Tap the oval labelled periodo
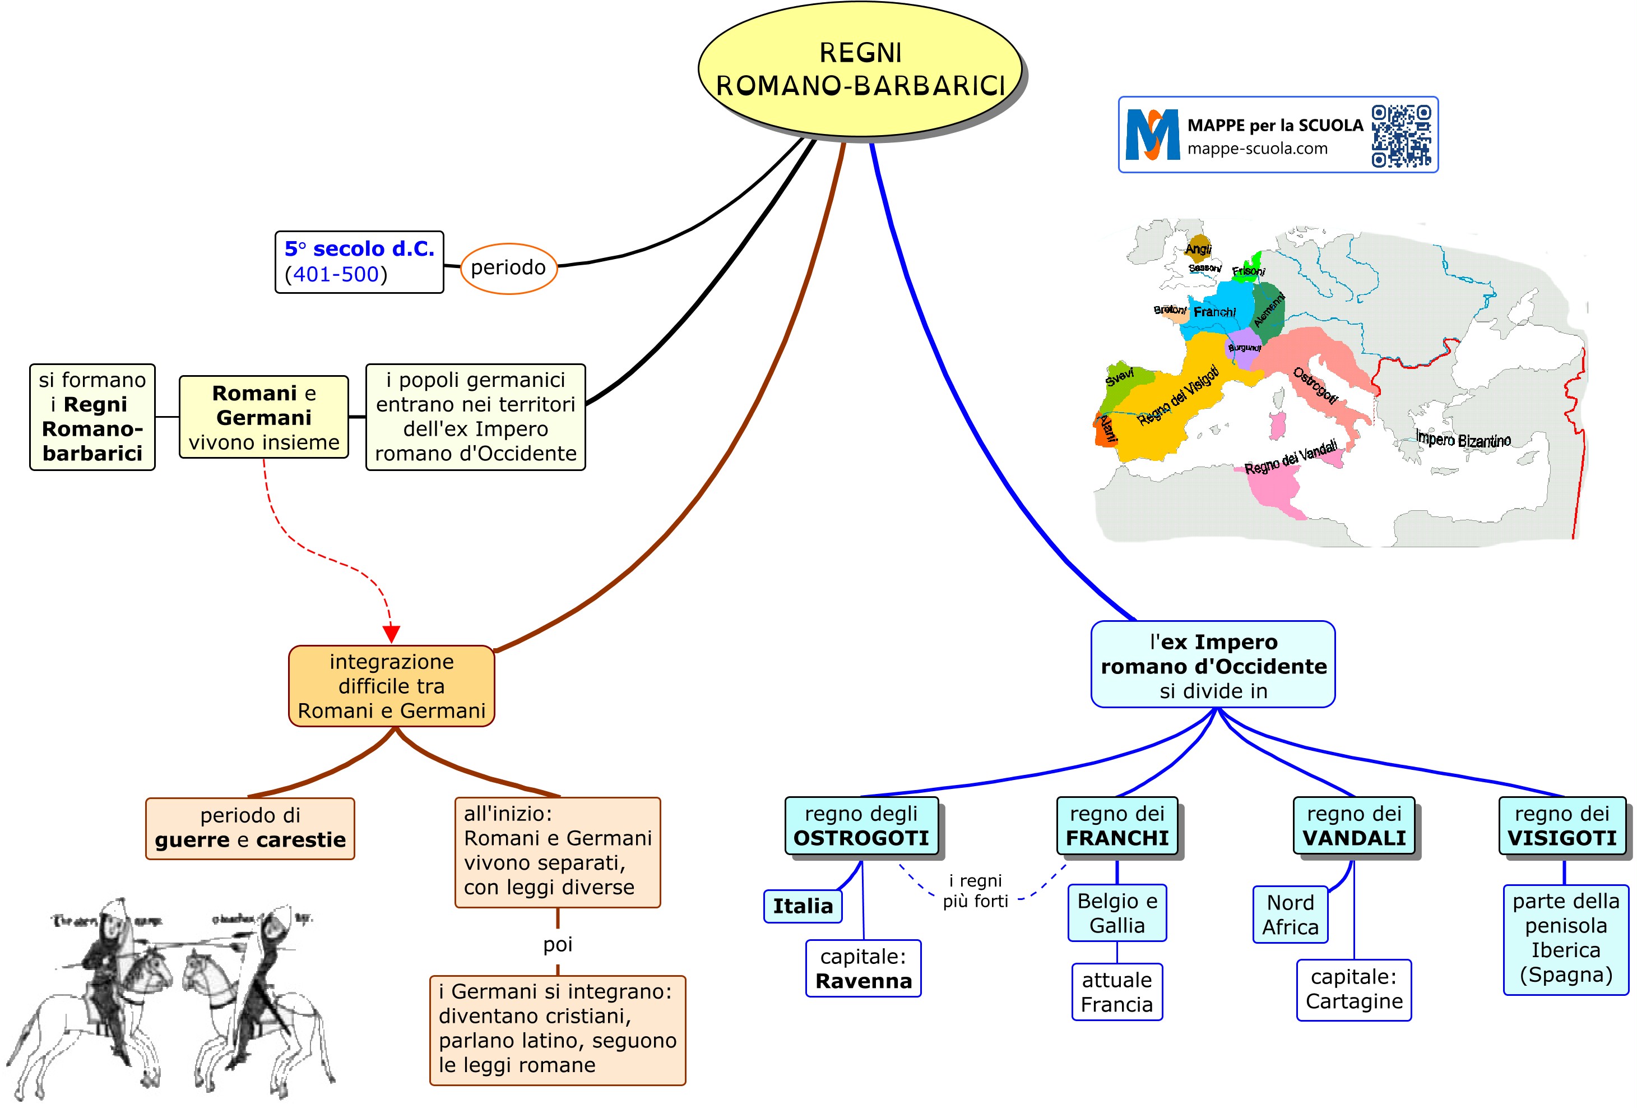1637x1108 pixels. (508, 268)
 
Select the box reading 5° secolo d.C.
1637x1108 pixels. (359, 261)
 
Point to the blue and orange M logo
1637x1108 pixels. (1152, 135)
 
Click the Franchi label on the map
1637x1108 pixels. (1214, 312)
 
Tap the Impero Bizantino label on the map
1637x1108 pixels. (1463, 440)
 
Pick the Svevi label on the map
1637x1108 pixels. (1119, 376)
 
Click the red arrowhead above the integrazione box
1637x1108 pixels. (391, 634)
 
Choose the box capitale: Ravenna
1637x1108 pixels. (863, 968)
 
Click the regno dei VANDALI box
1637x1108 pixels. (1354, 825)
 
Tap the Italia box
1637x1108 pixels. (803, 906)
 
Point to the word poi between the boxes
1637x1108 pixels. (557, 944)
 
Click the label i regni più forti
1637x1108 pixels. (976, 890)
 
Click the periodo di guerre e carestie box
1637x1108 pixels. (250, 828)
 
